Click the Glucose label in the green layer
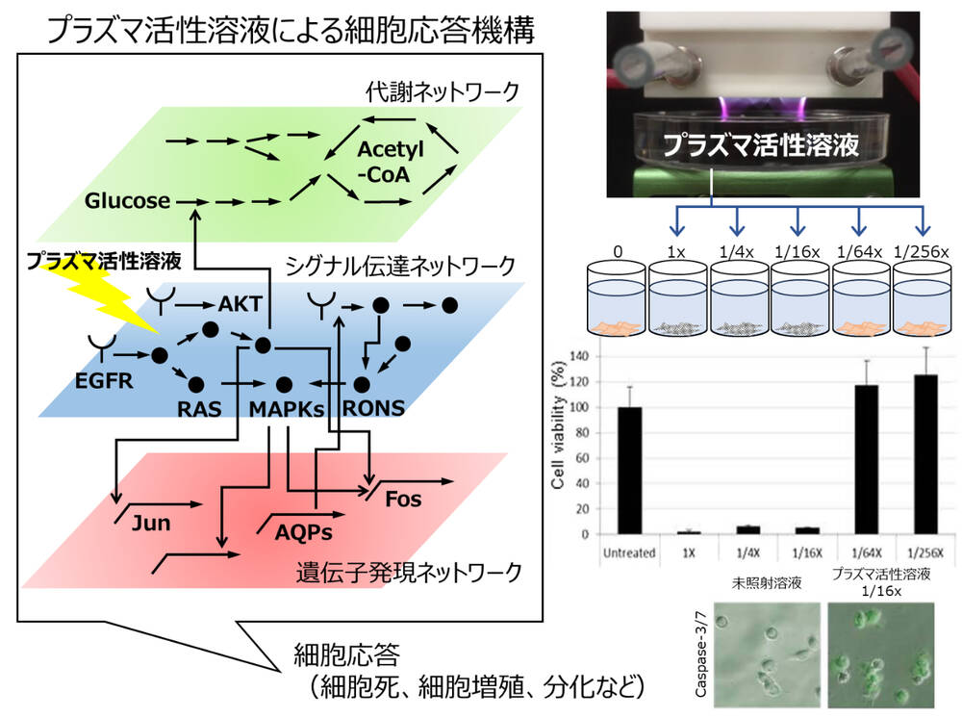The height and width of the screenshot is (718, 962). (x=126, y=201)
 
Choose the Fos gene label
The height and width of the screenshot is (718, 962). (x=402, y=500)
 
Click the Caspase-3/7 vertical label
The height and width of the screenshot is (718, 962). (x=701, y=652)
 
